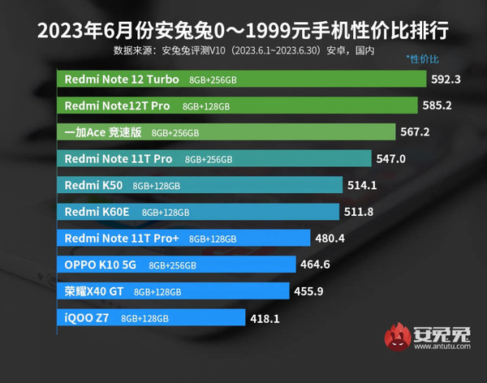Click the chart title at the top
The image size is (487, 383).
click(x=243, y=34)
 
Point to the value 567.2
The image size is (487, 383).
click(x=416, y=131)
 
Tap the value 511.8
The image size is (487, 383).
click(x=361, y=212)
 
